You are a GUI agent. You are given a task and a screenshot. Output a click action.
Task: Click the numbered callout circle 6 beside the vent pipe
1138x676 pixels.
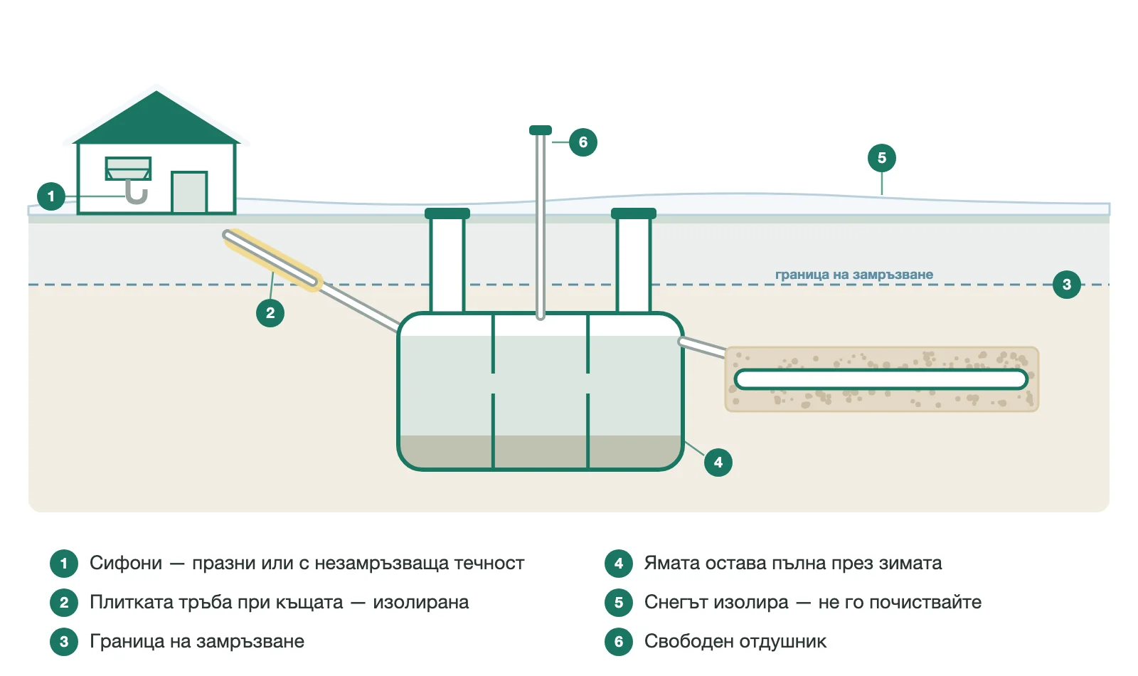pyautogui.click(x=583, y=142)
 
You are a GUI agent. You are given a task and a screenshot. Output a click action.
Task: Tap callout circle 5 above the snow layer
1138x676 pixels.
pyautogui.click(x=881, y=158)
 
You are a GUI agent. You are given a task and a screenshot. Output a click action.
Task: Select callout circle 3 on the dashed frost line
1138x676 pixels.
pyautogui.click(x=1066, y=285)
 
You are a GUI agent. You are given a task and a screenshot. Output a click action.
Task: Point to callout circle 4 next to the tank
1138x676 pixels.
pyautogui.click(x=718, y=463)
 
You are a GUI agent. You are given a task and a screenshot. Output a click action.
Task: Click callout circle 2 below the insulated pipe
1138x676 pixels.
pyautogui.click(x=270, y=313)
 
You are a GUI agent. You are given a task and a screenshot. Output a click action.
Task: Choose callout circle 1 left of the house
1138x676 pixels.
pyautogui.click(x=50, y=196)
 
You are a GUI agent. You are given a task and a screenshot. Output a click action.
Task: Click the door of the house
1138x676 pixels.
pyautogui.click(x=189, y=192)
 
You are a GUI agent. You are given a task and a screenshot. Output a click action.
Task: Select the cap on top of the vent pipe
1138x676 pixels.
pyautogui.click(x=540, y=130)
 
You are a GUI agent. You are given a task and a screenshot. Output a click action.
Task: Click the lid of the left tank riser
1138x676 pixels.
pyautogui.click(x=447, y=213)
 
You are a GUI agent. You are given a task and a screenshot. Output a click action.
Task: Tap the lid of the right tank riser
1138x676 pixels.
pyautogui.click(x=634, y=213)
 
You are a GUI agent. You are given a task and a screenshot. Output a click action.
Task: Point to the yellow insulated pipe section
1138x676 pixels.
pyautogui.click(x=272, y=260)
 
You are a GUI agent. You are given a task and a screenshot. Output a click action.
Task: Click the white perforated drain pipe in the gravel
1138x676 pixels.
pyautogui.click(x=881, y=380)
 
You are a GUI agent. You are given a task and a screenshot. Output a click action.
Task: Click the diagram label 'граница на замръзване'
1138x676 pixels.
pyautogui.click(x=854, y=275)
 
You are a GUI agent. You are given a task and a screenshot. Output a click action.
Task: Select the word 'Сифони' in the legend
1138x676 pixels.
pyautogui.click(x=126, y=563)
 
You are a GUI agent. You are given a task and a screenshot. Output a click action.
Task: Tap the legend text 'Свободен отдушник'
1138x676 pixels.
pyautogui.click(x=735, y=641)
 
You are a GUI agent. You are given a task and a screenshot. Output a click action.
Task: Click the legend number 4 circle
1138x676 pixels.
pyautogui.click(x=618, y=563)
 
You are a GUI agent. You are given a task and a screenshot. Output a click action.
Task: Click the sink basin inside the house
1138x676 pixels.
pyautogui.click(x=128, y=169)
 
